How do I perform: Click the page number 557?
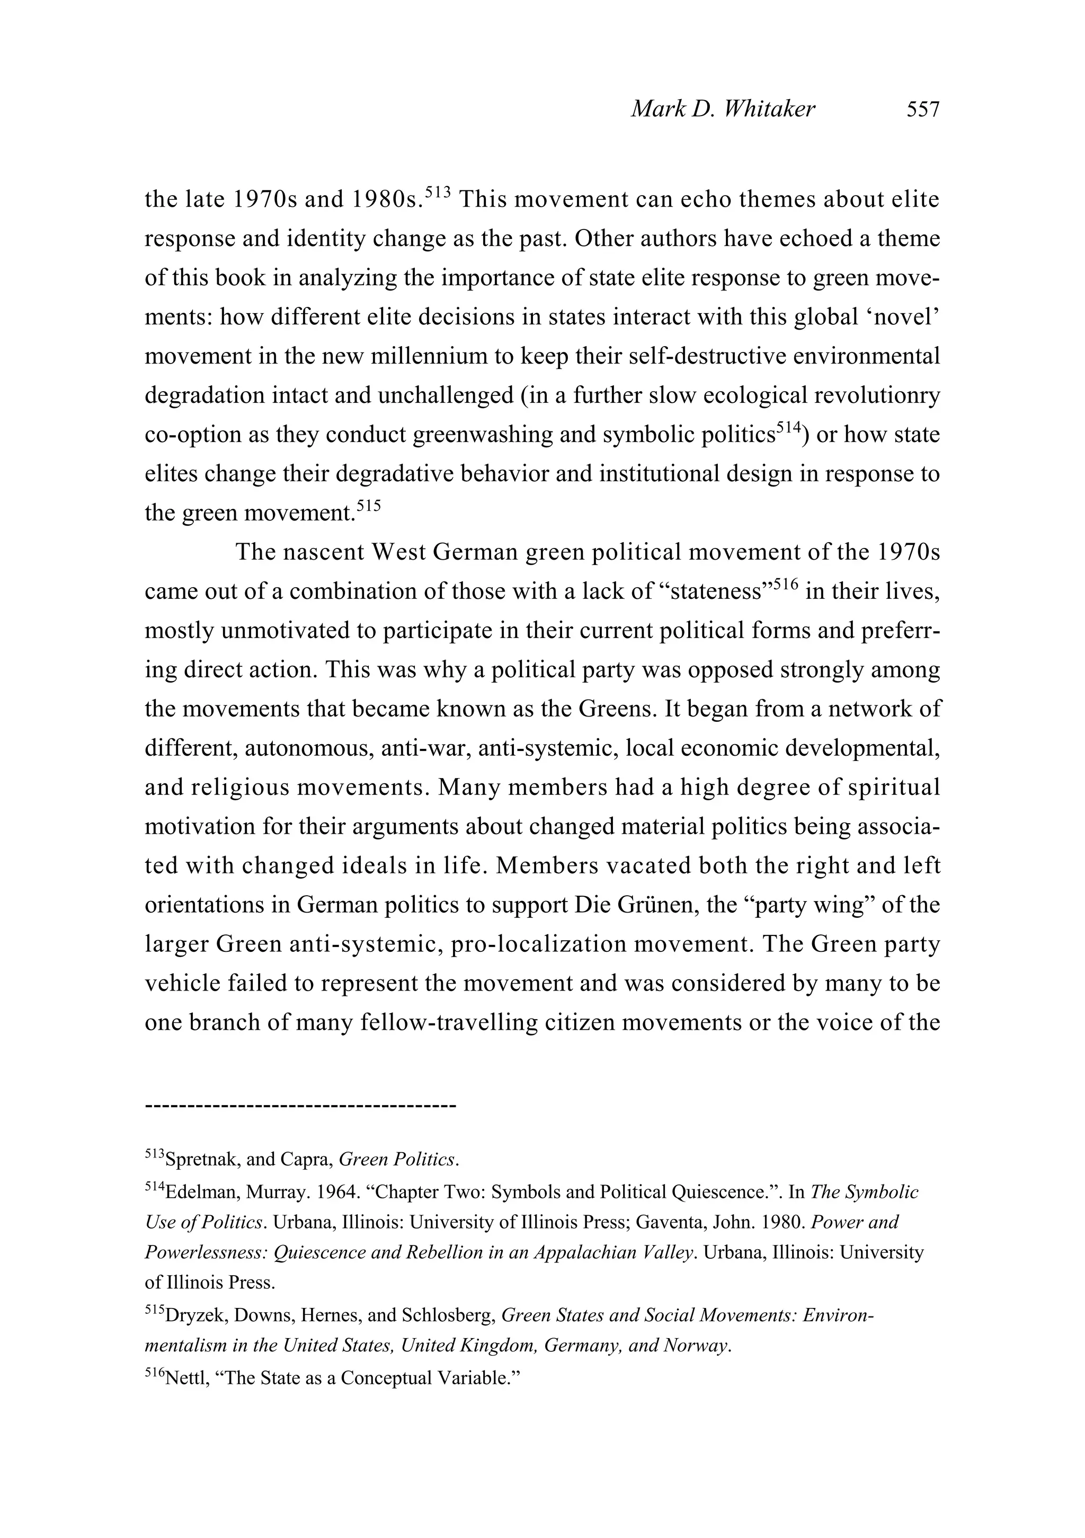click(923, 109)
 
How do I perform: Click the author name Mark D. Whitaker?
click(723, 109)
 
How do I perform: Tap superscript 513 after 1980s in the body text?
click(438, 192)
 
